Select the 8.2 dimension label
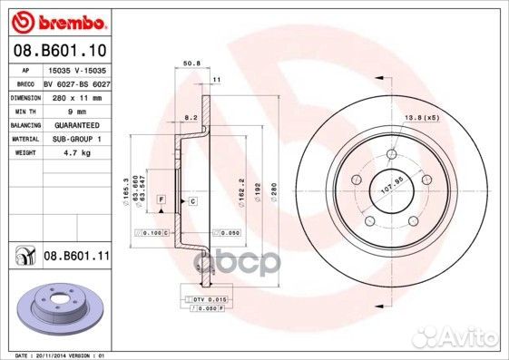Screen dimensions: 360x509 [191, 119]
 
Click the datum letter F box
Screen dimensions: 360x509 [161, 199]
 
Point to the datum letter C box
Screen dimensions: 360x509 [192, 199]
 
